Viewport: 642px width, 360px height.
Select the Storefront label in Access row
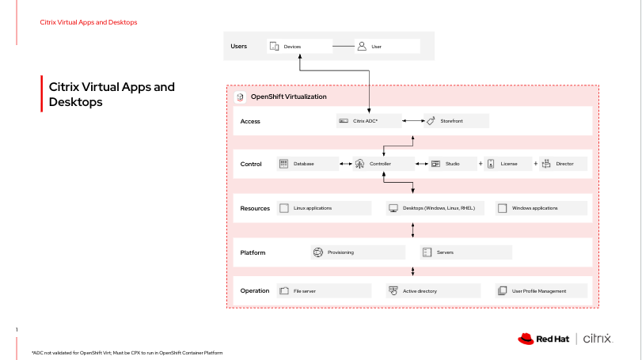[x=450, y=121]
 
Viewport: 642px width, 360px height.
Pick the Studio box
[x=451, y=164]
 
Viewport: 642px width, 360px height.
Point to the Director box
[x=563, y=164]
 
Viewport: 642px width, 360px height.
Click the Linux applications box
[x=323, y=208]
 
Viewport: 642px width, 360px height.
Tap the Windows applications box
[x=541, y=208]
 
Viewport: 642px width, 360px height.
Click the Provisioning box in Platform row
[x=356, y=252]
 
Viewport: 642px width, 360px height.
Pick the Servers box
[x=465, y=252]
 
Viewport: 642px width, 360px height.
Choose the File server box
[x=323, y=290]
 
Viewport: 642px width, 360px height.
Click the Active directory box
[x=432, y=290]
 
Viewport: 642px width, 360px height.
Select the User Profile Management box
[x=541, y=290]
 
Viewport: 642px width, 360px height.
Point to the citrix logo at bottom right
[x=598, y=339]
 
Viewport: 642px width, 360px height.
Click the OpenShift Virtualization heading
[x=288, y=97]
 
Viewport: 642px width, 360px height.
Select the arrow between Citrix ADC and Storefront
[x=413, y=121]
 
